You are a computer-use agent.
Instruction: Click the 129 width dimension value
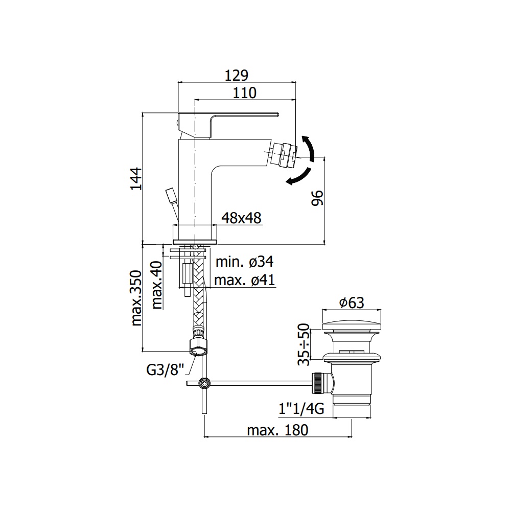(237, 75)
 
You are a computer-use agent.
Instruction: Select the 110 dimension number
(244, 93)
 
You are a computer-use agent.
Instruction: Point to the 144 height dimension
(136, 179)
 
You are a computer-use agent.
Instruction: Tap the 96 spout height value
(317, 198)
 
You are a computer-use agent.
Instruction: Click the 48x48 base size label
(241, 218)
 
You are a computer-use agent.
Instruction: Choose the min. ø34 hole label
(245, 262)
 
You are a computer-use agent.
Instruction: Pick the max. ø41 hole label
(245, 280)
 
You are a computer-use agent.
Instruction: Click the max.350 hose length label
(136, 298)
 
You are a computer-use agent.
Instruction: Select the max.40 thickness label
(157, 285)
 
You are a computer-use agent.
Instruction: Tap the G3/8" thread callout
(166, 370)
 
